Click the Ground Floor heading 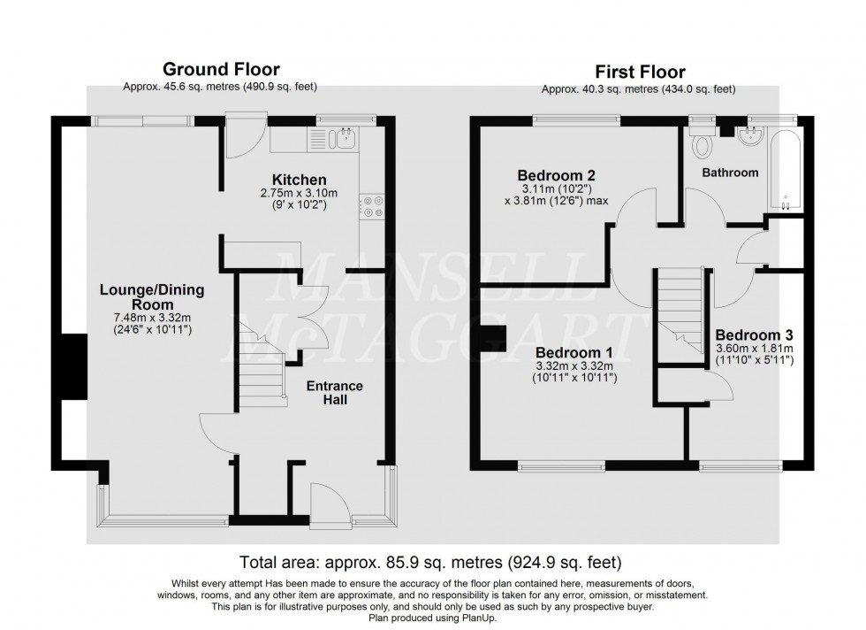coord(220,69)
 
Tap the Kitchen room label coord(299,180)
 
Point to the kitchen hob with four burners coord(371,206)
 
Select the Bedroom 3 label coord(754,335)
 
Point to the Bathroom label coord(730,173)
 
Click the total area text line coord(432,562)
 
